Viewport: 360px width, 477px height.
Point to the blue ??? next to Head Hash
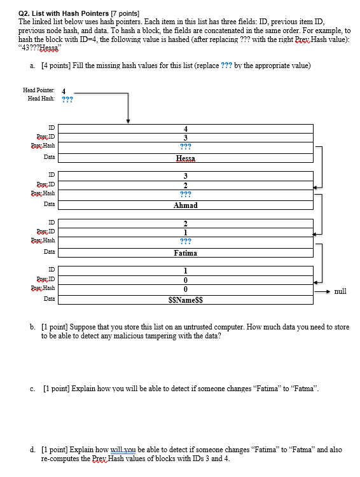point(67,99)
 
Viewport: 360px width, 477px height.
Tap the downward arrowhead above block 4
point(128,120)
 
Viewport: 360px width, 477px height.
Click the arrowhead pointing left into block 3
point(317,186)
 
